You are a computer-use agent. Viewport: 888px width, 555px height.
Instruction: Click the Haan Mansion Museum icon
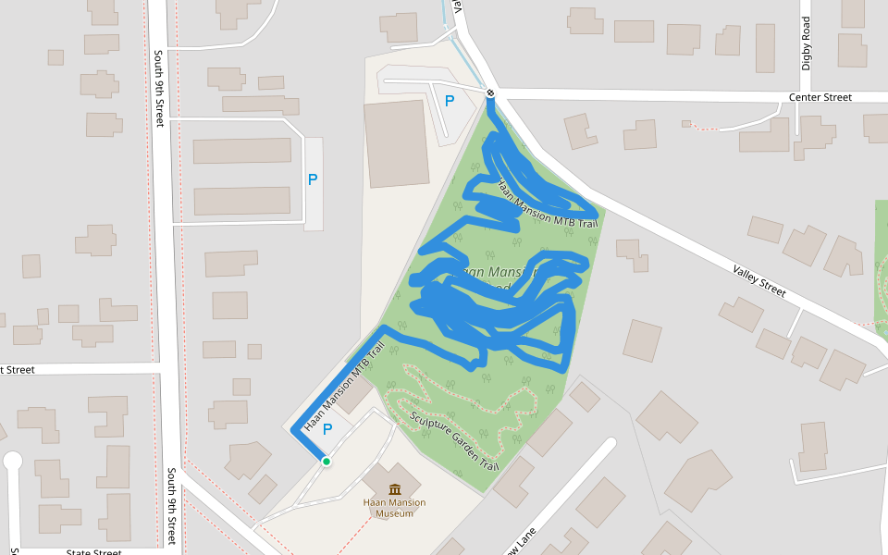(x=395, y=489)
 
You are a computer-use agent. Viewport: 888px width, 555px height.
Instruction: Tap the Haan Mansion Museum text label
(x=395, y=508)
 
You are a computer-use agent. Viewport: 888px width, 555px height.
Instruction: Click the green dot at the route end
(x=326, y=461)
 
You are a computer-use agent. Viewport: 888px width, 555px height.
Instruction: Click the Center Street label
(x=820, y=97)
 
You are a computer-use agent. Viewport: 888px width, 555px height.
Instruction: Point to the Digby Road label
(x=807, y=43)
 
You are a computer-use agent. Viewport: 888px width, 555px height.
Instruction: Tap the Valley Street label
(x=759, y=278)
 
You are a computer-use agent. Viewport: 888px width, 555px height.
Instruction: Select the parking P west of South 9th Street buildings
(x=313, y=179)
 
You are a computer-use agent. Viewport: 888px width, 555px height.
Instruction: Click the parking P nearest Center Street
(x=450, y=101)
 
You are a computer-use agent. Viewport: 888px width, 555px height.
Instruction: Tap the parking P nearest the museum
(x=327, y=429)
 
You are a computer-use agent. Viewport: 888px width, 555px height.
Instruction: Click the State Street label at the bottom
(x=93, y=552)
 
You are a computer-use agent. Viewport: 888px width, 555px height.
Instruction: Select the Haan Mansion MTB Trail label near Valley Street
(x=549, y=205)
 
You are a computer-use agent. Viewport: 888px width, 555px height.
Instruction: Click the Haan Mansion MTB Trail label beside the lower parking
(x=343, y=389)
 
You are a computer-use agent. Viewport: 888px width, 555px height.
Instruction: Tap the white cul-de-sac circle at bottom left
(x=12, y=460)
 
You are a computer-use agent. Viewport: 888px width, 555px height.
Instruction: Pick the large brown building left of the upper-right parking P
(x=397, y=143)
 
